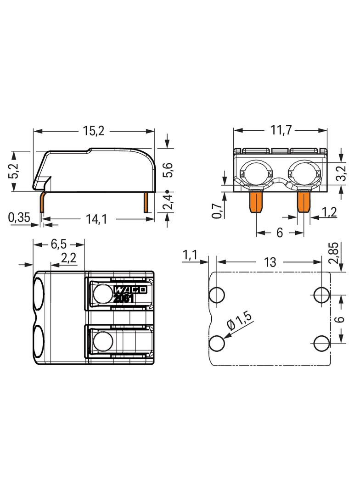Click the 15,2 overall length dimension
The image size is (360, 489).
[94, 131]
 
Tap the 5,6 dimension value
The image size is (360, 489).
[169, 170]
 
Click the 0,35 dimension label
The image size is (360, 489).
[19, 217]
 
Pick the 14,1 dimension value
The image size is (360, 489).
[96, 219]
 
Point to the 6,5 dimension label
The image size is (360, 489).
[59, 244]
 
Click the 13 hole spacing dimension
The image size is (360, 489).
[270, 262]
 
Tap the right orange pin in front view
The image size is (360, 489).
[304, 202]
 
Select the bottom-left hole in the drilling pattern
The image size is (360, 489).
[217, 343]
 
